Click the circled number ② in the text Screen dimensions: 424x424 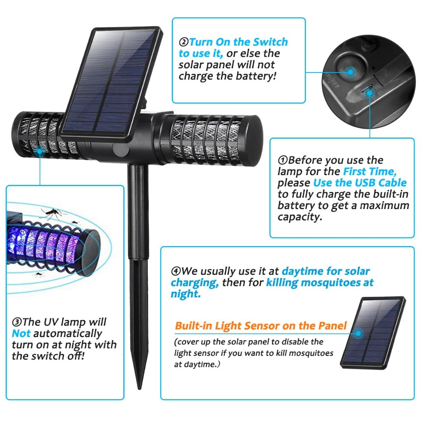(184, 42)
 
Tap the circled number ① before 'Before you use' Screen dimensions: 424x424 (283, 161)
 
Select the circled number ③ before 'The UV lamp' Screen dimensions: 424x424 (17, 323)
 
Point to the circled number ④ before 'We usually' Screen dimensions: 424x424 (176, 271)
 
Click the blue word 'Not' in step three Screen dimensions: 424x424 (21, 333)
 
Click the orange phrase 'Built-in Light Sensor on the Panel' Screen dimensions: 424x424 (261, 326)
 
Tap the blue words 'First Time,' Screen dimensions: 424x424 (369, 172)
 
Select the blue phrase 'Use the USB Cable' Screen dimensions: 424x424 (360, 183)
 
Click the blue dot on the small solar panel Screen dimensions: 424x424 (359, 333)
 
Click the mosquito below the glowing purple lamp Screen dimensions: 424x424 (39, 274)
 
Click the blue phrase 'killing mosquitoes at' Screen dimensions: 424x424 (320, 283)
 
